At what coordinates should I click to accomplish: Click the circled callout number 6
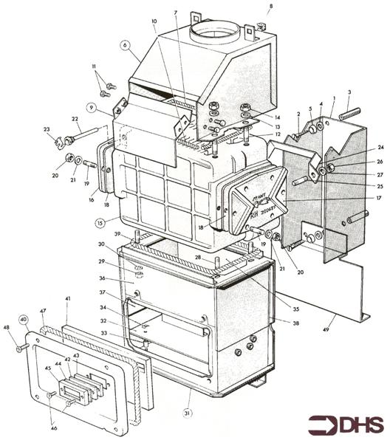tap(126, 45)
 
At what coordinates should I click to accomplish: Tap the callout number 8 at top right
tap(270, 7)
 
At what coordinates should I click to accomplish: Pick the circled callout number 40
tap(24, 320)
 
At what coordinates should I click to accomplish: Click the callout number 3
tap(349, 92)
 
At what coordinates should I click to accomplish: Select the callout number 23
tap(46, 129)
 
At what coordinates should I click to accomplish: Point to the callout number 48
tap(7, 327)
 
